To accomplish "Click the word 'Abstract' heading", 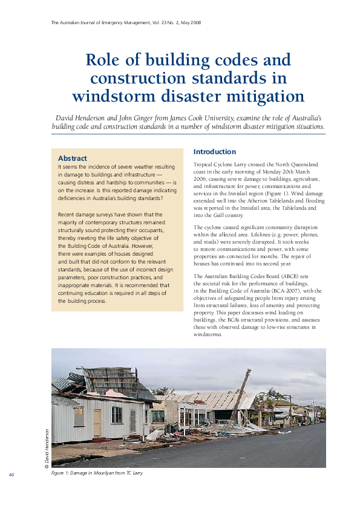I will pyautogui.click(x=72, y=158).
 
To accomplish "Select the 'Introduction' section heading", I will pyautogui.click(x=214, y=152).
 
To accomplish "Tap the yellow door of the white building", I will pyautogui.click(x=97, y=421).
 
